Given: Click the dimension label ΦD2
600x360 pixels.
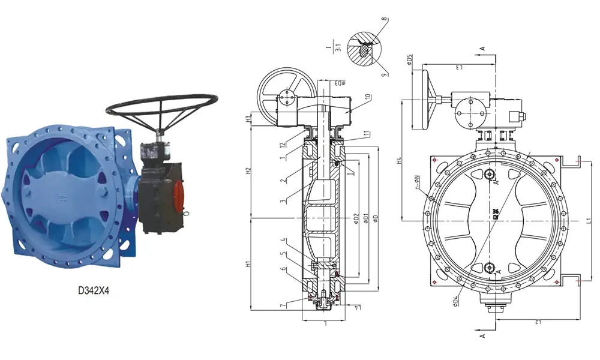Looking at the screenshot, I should tap(356, 218).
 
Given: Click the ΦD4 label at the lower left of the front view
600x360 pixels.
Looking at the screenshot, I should tap(456, 298).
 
